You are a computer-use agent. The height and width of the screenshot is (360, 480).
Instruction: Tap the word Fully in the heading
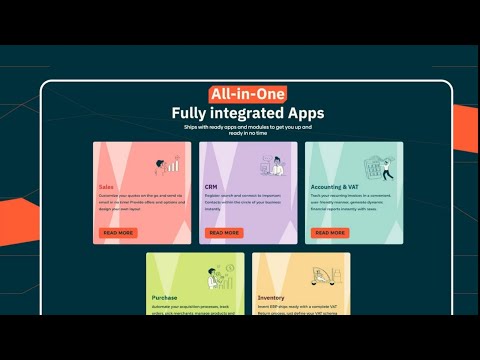tap(192, 113)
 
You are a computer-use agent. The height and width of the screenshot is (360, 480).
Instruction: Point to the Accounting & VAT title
tap(334, 187)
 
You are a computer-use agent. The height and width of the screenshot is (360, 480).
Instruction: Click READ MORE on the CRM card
tap(224, 233)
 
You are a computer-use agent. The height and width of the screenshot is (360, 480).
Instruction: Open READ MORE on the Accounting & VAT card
tap(331, 233)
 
